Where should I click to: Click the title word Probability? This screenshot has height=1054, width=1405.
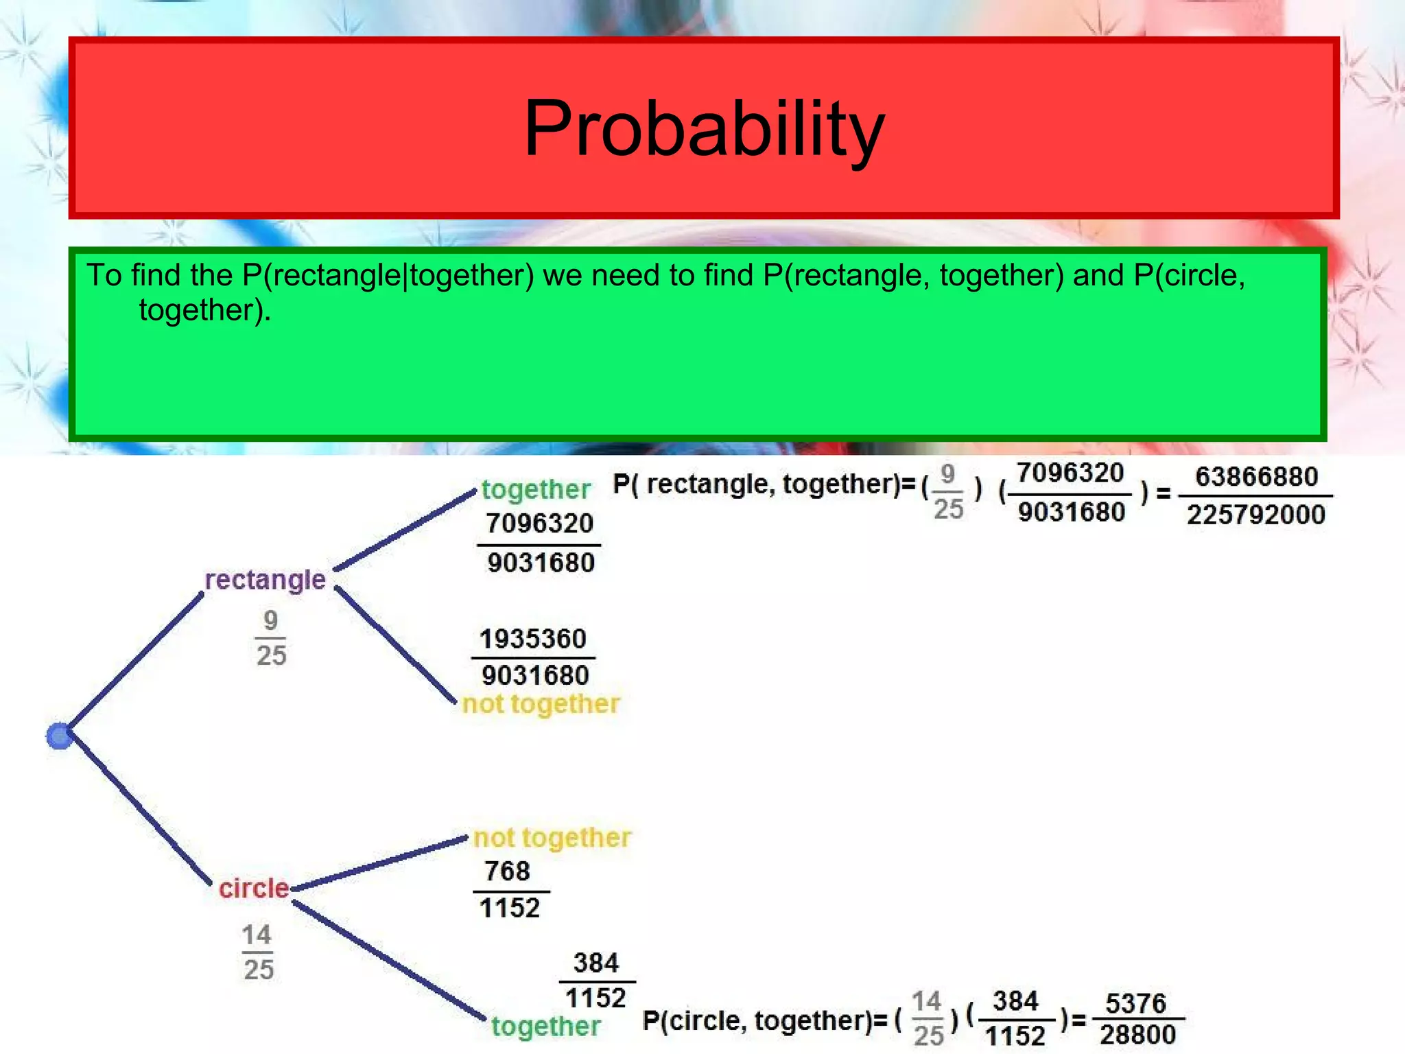coord(704,129)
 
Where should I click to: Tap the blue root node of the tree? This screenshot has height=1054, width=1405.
coord(60,736)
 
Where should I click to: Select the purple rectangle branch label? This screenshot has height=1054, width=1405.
coord(265,580)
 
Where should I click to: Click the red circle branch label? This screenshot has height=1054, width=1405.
coord(254,888)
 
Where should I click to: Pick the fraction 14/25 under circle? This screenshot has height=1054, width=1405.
coord(258,952)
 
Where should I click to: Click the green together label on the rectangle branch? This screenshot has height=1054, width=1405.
coord(535,489)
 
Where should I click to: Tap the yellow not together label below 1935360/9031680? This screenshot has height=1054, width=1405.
coord(541,704)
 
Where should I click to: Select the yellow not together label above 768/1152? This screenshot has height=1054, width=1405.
coord(552,838)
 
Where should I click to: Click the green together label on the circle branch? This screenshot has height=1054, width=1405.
coord(545,1027)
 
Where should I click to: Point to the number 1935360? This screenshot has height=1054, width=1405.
coord(532,639)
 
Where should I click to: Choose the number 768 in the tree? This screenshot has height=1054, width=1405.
coord(507,871)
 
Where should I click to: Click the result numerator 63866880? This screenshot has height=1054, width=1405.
coord(1256,477)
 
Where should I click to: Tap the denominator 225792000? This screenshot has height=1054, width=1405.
coord(1255,515)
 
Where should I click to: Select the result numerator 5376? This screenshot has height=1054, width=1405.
coord(1135,1003)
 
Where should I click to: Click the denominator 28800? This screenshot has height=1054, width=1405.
coord(1137,1035)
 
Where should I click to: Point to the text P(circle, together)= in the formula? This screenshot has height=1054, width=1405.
coord(765,1021)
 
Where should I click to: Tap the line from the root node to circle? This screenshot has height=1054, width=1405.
coord(137,810)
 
